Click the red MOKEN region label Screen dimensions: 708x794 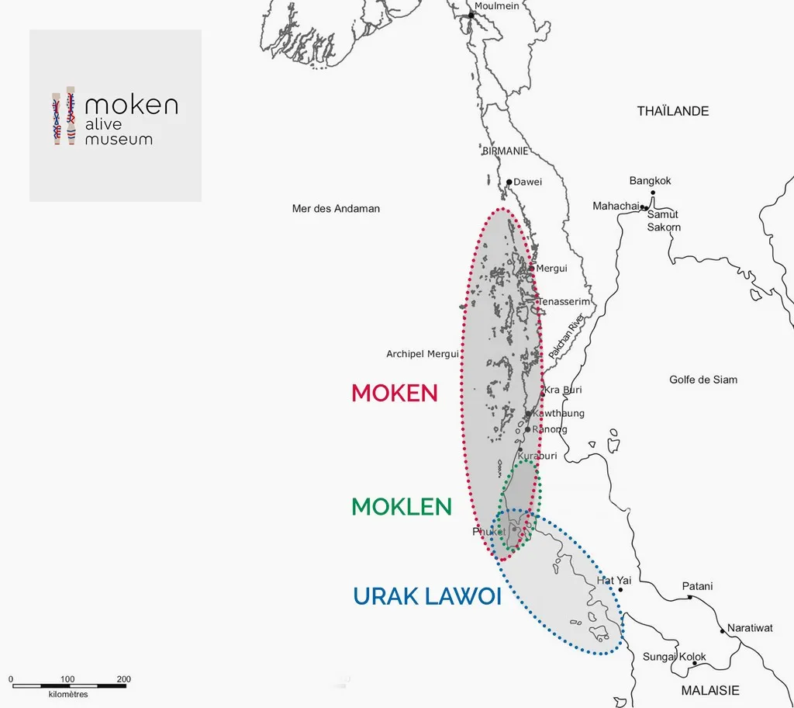point(395,393)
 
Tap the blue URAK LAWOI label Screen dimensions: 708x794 point(426,596)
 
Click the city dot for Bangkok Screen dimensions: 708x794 point(653,192)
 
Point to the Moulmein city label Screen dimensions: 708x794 point(497,6)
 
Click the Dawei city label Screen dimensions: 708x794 point(528,182)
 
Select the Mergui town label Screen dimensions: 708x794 point(551,269)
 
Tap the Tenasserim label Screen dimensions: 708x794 point(564,301)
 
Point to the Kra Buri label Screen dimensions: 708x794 point(564,390)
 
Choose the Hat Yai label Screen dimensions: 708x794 point(614,580)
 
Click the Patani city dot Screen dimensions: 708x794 point(689,597)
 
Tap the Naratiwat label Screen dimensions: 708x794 point(750,627)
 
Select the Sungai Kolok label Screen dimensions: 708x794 point(674,658)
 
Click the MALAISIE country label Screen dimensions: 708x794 point(710,690)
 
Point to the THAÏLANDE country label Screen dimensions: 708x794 point(673,111)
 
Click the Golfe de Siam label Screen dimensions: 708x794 point(703,380)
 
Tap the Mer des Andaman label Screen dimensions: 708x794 point(336,209)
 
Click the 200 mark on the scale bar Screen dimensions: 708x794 point(124,679)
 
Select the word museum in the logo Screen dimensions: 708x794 point(119,140)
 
